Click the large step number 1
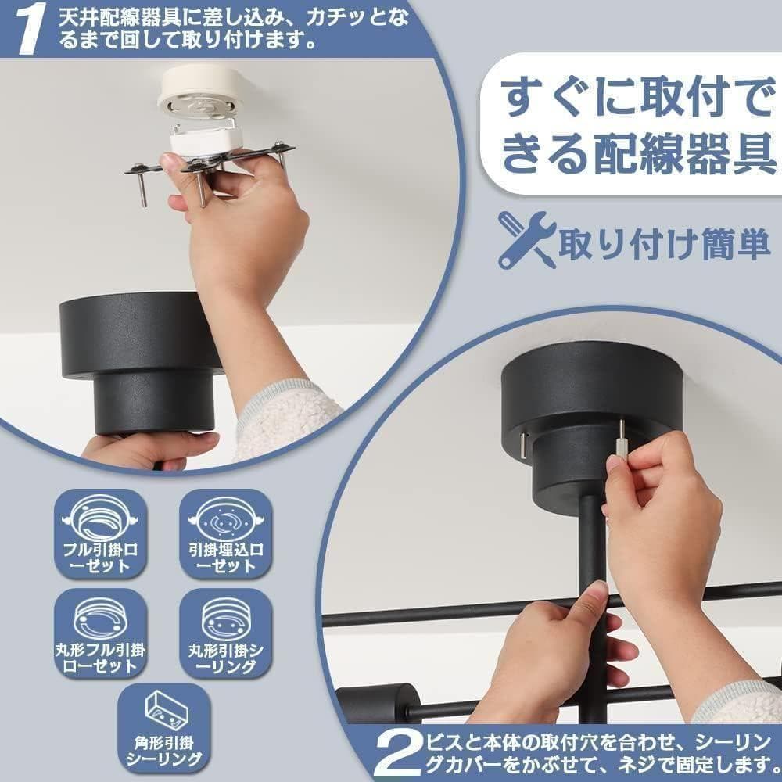click(x=30, y=30)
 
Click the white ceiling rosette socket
click(x=202, y=98)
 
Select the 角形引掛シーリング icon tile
click(x=163, y=728)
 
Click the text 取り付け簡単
click(x=664, y=244)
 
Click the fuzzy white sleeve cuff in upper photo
click(x=285, y=418)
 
